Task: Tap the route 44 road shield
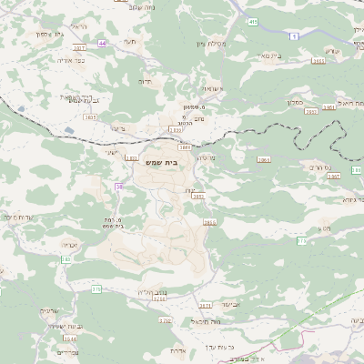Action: point(103,43)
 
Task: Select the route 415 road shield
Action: point(252,21)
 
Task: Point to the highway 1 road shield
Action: point(295,35)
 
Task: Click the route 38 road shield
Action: point(118,187)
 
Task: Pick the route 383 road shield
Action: point(65,259)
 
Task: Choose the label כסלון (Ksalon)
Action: point(304,104)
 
